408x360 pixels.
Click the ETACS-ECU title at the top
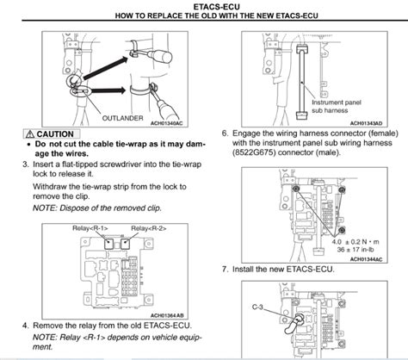(203, 6)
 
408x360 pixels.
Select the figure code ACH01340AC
(170, 123)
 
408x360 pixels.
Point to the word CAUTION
(55, 135)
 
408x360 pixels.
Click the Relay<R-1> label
(90, 227)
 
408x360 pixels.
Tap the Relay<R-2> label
(147, 227)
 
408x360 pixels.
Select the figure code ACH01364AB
(170, 316)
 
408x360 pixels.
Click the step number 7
(226, 270)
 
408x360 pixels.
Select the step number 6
(226, 134)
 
